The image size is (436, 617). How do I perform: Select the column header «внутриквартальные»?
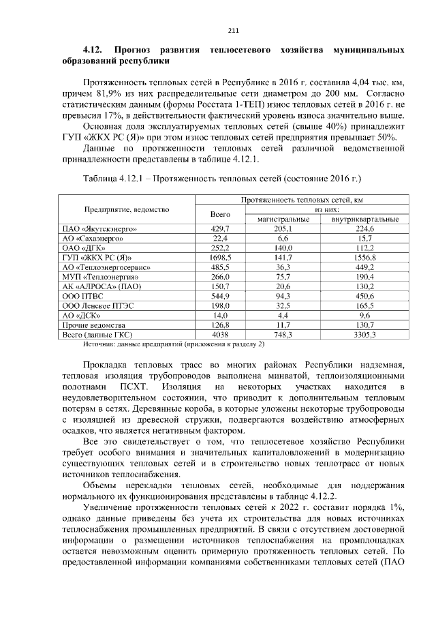point(364,219)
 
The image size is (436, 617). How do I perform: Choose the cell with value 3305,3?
point(364,335)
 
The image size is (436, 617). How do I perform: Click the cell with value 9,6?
point(364,316)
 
